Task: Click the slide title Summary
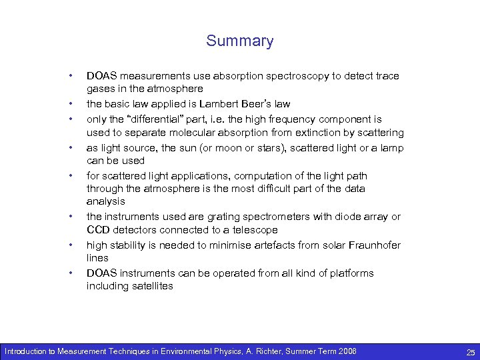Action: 239,41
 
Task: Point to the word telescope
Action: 255,230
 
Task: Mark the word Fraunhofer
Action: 373,245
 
